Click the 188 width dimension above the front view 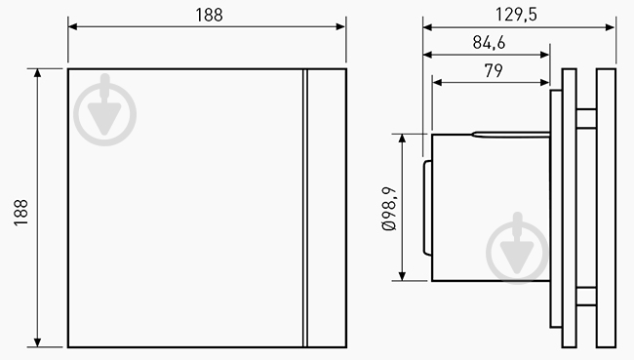207,14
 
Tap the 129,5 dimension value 518,14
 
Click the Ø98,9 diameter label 388,208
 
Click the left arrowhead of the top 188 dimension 71,26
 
